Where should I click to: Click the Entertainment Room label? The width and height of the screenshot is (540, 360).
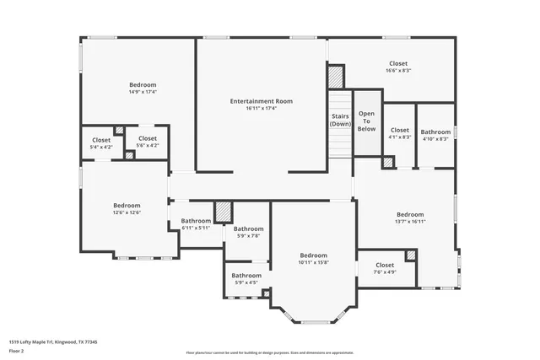tap(261, 101)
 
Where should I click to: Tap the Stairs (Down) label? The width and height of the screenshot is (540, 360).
tap(340, 120)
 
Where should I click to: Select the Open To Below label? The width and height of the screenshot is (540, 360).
tap(366, 121)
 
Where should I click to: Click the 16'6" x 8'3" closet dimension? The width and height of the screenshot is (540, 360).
tap(398, 71)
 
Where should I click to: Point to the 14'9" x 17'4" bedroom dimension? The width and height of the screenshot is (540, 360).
tap(143, 92)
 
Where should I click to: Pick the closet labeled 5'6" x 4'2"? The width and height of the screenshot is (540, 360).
tap(147, 142)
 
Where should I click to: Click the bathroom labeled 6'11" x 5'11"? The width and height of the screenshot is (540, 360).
tap(196, 224)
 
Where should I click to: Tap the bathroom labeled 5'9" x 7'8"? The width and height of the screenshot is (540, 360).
tap(249, 232)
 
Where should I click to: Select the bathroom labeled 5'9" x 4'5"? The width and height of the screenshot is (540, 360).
tap(246, 278)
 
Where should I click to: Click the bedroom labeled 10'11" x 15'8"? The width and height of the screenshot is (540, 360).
tap(313, 259)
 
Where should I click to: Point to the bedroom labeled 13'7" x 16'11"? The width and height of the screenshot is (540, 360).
tap(410, 218)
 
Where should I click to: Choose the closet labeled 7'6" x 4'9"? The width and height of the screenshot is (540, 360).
tap(385, 268)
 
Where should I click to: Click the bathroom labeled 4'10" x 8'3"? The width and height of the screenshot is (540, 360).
tap(436, 135)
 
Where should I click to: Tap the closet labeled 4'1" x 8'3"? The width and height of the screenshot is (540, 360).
tap(400, 133)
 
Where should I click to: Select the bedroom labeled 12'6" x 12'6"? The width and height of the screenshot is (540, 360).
tap(127, 208)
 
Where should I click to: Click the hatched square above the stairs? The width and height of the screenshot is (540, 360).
tap(337, 76)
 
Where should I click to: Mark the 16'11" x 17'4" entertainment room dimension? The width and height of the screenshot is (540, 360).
tap(261, 108)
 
